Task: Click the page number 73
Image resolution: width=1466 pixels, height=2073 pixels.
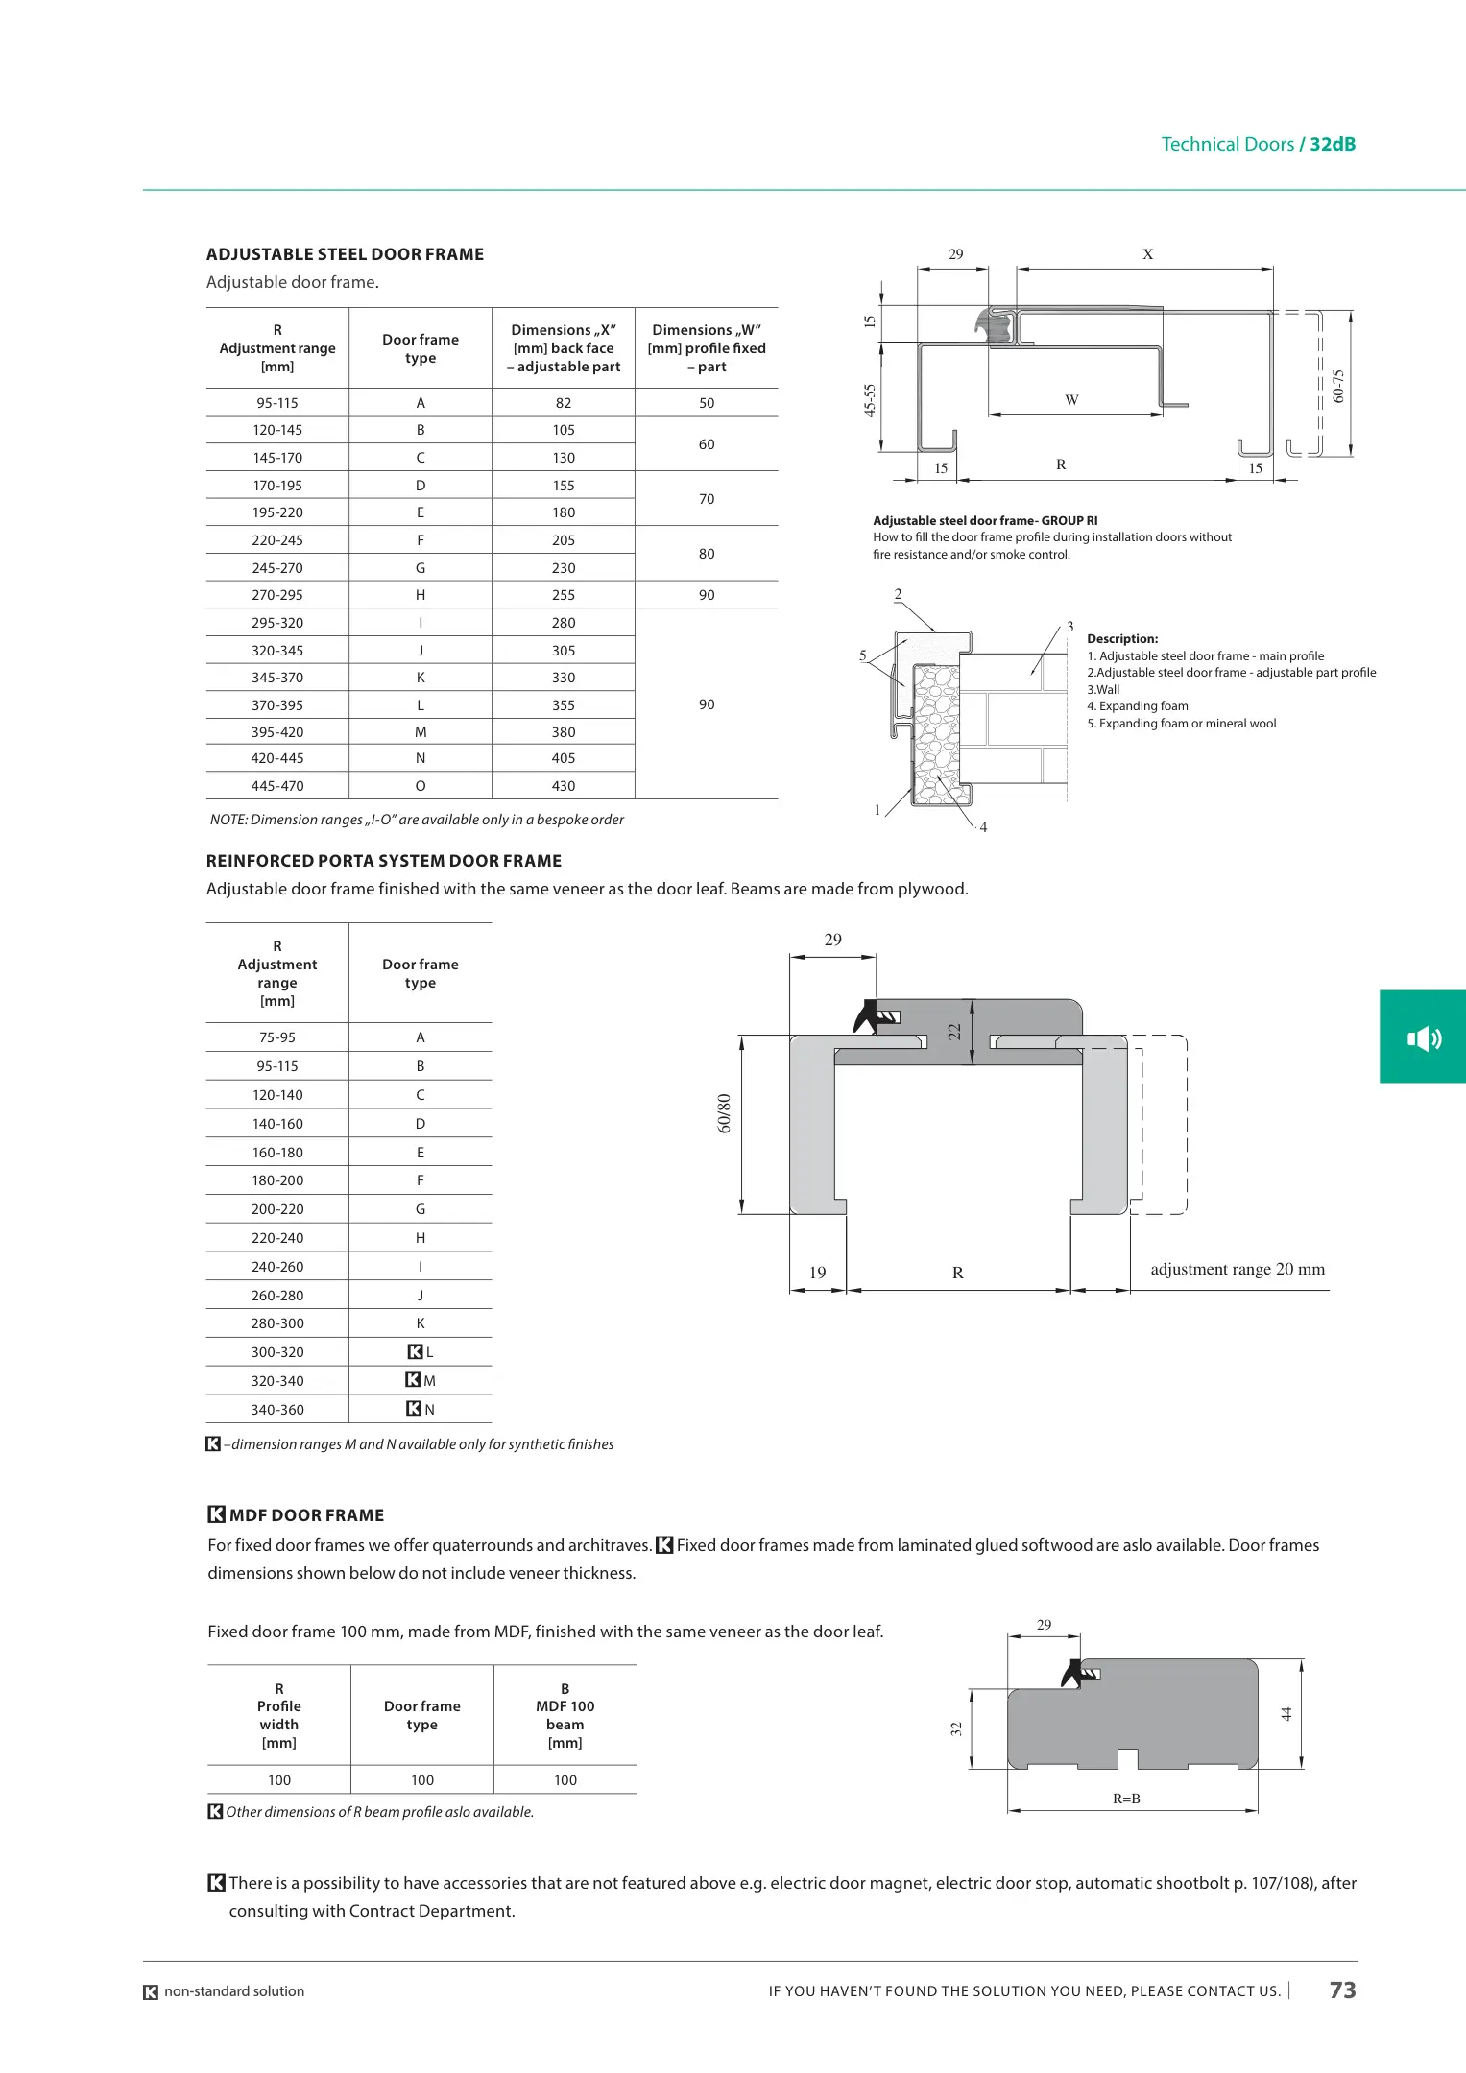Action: pos(1342,1990)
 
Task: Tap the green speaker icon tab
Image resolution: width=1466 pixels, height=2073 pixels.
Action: pos(1423,1037)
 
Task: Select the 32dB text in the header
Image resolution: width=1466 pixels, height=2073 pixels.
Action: pos(1333,144)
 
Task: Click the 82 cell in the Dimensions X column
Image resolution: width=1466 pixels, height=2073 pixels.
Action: pos(564,403)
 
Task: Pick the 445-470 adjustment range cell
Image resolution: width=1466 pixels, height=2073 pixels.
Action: pos(277,786)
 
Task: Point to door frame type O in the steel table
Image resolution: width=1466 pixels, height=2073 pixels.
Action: pos(421,786)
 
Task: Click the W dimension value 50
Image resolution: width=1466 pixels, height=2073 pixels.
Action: pos(707,403)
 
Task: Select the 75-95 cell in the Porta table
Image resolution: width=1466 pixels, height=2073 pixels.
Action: pos(277,1037)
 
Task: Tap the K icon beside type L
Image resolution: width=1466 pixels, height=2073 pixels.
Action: pos(415,1351)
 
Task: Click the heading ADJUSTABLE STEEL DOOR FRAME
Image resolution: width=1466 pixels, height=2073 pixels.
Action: pos(345,254)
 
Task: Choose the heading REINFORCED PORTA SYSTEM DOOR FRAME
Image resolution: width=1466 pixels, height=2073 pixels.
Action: pos(384,861)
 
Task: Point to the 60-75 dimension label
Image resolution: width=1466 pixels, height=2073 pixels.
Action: pos(1339,386)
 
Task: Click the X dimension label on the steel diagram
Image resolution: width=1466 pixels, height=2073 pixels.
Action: pos(1147,254)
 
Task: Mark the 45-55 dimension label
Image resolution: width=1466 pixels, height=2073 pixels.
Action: pos(870,399)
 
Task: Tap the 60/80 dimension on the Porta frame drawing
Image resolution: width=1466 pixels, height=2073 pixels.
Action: pos(725,1113)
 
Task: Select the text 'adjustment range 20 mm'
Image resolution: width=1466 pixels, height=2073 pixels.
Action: pos(1238,1269)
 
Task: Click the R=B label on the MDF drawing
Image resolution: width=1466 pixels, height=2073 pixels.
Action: pos(1126,1799)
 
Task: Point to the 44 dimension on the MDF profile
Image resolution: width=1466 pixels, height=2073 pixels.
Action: pos(1286,1713)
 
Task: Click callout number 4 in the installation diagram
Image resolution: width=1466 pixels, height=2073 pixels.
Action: pos(983,827)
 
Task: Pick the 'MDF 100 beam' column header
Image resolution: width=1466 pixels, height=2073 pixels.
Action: pos(565,1715)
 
